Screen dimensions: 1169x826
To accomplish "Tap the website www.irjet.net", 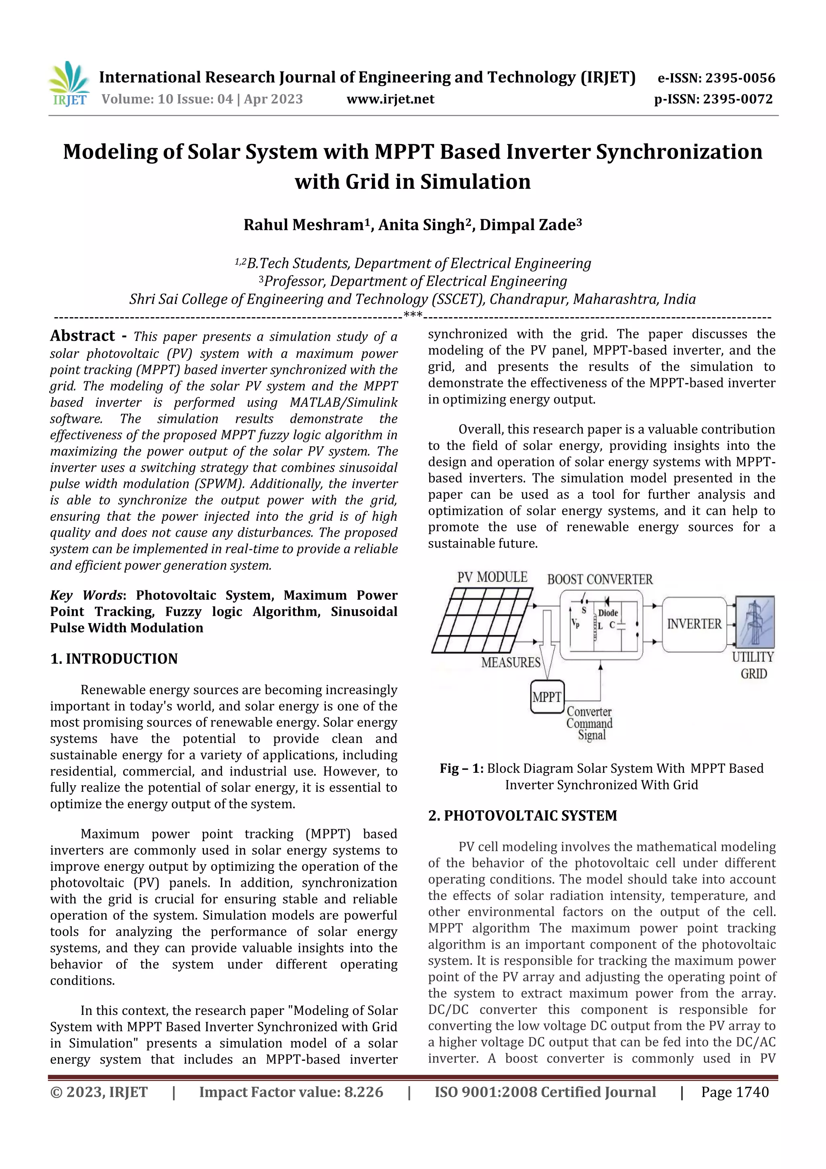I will (390, 99).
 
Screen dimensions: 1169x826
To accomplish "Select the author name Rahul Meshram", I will (303, 225).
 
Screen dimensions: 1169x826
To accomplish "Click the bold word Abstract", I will (82, 336).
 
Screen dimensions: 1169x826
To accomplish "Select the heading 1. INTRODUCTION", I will (114, 659).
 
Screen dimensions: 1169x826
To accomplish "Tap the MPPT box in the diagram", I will (547, 697).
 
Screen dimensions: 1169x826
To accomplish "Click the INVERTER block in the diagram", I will (694, 624).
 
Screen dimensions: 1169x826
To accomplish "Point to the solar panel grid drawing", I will (482, 621).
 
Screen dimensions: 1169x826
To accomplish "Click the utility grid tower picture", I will (755, 622).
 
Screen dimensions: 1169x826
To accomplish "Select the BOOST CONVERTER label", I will (599, 579).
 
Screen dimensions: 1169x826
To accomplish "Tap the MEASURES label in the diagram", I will (511, 663).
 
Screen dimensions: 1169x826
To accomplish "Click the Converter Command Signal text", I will (589, 724).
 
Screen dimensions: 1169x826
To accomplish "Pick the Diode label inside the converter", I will (608, 613).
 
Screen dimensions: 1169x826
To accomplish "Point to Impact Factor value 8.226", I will (291, 1092).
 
